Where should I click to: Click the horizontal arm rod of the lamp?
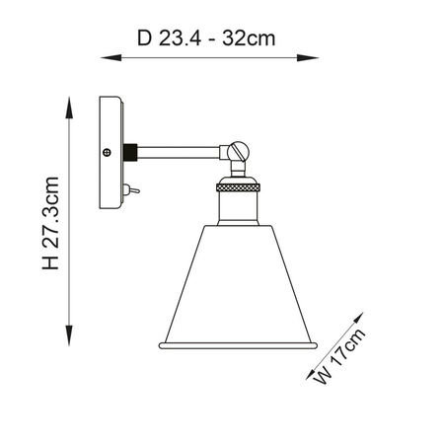tap(178, 151)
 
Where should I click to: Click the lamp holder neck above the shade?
tap(237, 206)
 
